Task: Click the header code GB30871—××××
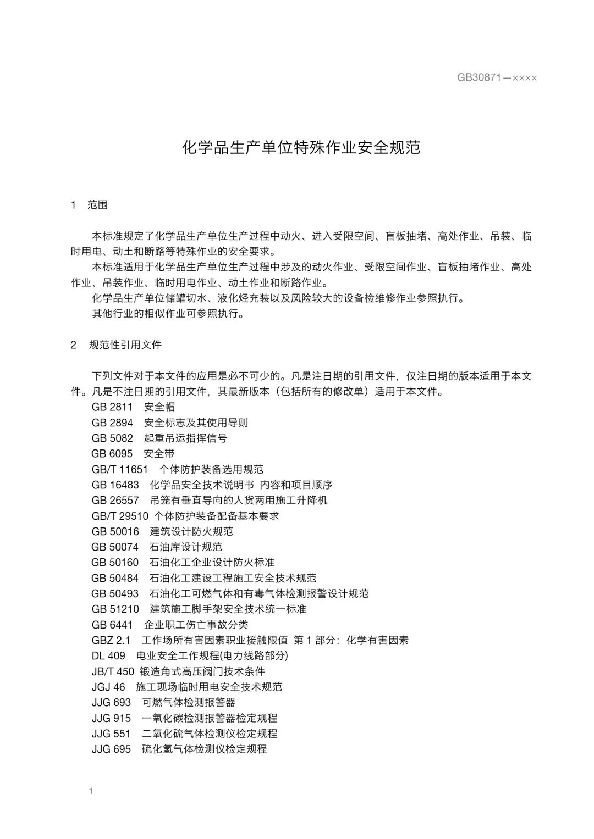497,77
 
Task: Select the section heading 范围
97,205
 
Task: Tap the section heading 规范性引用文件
125,345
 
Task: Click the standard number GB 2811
112,407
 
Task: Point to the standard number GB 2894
112,423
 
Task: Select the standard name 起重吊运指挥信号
185,438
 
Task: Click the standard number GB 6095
112,453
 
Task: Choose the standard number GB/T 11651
120,469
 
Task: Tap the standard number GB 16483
116,485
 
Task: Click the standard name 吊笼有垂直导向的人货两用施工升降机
238,500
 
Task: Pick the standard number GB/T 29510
120,516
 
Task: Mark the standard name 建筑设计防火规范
191,531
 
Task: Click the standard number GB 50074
116,547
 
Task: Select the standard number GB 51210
116,609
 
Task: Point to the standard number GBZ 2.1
111,640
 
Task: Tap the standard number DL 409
108,655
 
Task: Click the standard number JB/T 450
113,671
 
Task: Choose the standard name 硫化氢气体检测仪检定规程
204,749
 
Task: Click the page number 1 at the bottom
91,791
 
